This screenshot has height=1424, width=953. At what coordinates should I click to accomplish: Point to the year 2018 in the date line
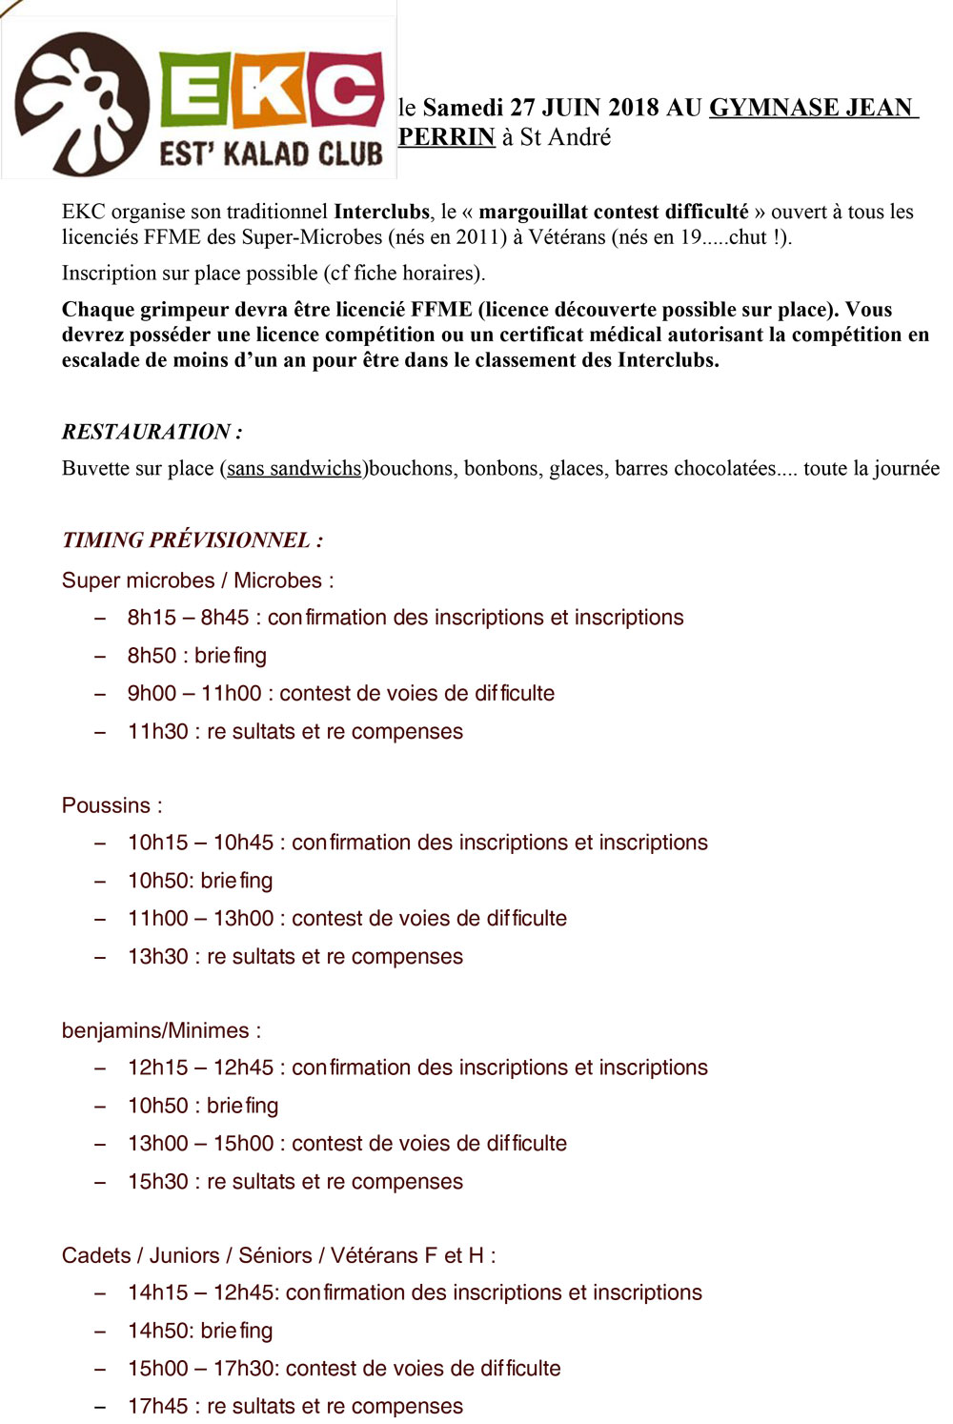(x=633, y=108)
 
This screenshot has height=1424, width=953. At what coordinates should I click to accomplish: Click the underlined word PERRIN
(x=446, y=137)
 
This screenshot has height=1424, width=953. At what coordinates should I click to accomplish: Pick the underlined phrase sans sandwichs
(x=294, y=469)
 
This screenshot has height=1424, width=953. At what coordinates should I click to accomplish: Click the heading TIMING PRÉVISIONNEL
(x=192, y=540)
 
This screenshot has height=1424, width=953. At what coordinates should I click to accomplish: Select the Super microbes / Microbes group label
(x=197, y=580)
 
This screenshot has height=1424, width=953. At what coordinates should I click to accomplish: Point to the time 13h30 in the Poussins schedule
(x=158, y=957)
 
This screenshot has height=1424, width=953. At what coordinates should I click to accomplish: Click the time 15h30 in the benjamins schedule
(x=158, y=1182)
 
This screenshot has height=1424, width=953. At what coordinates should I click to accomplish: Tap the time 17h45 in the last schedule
(x=158, y=1407)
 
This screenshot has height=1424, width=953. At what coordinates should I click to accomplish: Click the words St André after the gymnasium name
(x=565, y=137)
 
